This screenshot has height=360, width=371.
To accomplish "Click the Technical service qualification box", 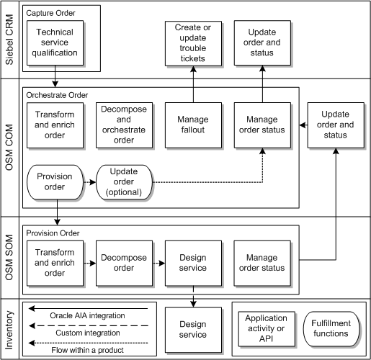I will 54,42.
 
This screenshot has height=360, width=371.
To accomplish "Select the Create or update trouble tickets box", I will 192,42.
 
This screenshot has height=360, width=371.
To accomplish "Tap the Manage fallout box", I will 192,124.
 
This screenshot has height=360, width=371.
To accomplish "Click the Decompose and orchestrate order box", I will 124,124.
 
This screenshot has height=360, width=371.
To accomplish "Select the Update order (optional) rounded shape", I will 124,182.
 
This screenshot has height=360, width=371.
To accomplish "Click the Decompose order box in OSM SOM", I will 124,263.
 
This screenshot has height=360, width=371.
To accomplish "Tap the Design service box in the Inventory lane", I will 192,328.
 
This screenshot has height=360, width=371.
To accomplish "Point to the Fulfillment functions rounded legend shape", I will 331,328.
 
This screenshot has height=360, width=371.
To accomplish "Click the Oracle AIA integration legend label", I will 87,315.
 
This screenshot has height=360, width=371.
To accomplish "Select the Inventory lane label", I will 9,330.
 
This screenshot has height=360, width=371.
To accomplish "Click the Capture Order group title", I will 50,14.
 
